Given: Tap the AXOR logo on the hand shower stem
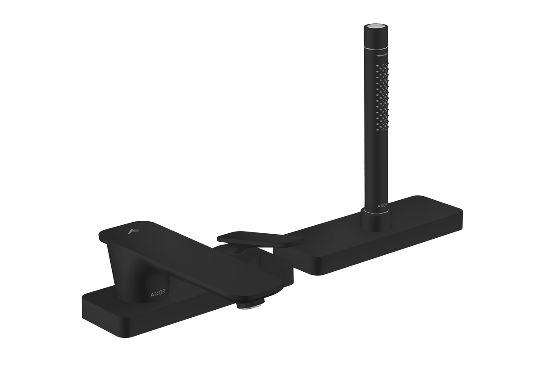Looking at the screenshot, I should coord(382,206).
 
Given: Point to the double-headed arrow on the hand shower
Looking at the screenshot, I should coord(381,56).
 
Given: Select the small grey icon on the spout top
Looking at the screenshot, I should coord(133,231).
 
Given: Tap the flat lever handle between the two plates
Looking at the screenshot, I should coord(259,239).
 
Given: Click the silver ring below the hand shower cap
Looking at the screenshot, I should coord(375,46).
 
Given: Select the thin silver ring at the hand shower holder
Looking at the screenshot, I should coord(376,212).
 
